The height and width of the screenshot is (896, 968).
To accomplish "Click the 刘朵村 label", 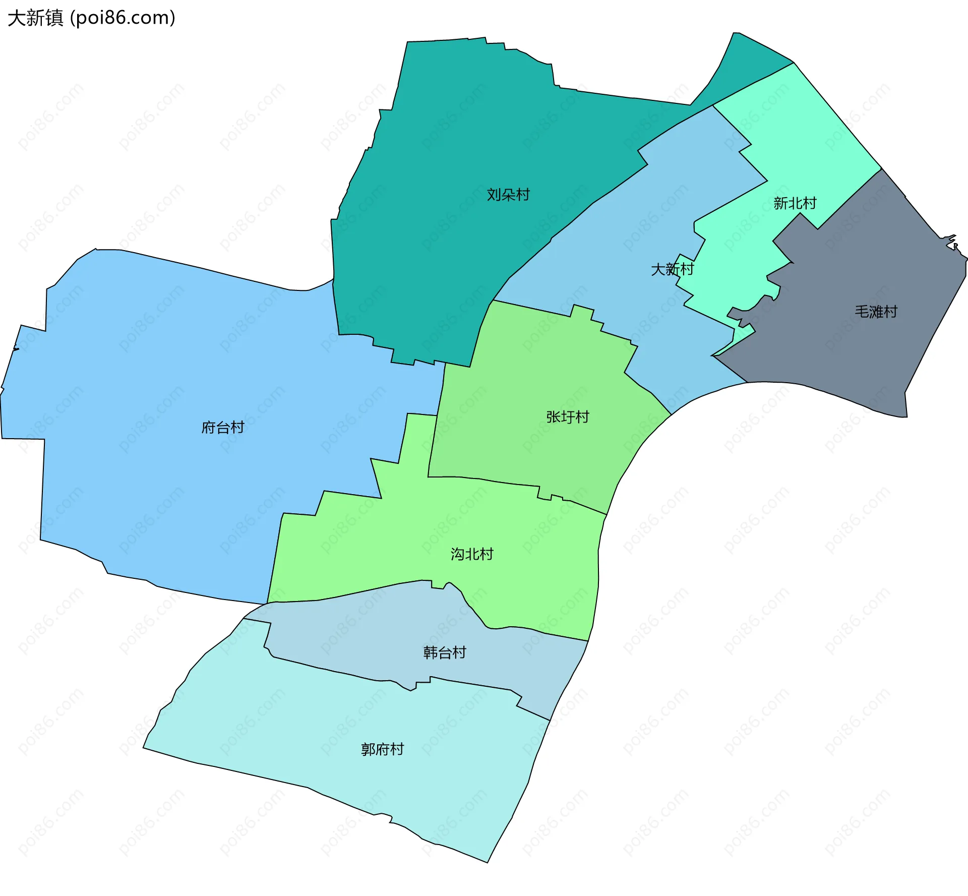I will pyautogui.click(x=508, y=195).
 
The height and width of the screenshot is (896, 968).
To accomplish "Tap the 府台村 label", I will pyautogui.click(x=223, y=428).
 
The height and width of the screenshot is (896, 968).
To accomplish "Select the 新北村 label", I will pyautogui.click(x=795, y=203).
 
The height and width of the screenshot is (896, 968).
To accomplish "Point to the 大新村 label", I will pyautogui.click(x=673, y=269).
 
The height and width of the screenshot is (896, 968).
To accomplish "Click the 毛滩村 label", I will pyautogui.click(x=876, y=312).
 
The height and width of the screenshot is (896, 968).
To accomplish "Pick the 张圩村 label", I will pyautogui.click(x=568, y=417).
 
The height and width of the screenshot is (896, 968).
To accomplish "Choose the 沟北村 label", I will pyautogui.click(x=472, y=554).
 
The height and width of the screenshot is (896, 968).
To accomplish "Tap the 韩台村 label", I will pyautogui.click(x=445, y=652).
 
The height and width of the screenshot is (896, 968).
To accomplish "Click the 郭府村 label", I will pyautogui.click(x=383, y=749).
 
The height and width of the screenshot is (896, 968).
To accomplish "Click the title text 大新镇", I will pyautogui.click(x=35, y=18).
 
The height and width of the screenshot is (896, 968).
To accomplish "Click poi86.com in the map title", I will pyautogui.click(x=123, y=18).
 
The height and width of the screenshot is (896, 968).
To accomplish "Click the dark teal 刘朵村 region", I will pyautogui.click(x=454, y=126).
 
